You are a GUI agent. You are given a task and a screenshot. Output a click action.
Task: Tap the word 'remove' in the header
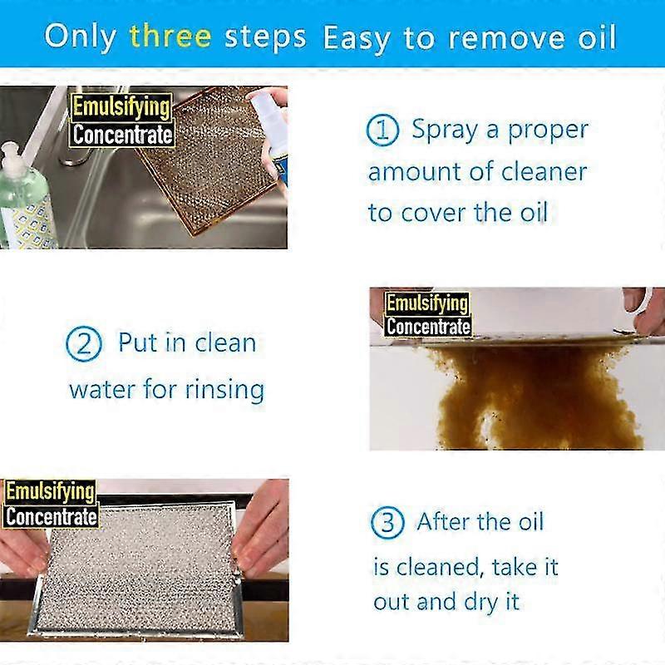477,37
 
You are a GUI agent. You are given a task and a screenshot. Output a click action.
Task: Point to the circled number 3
387,523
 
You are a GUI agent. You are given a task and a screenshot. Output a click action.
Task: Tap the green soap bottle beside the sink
22,199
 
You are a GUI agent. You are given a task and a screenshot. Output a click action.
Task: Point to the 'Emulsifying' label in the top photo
121,107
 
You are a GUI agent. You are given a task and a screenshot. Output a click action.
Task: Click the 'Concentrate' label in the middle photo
428,326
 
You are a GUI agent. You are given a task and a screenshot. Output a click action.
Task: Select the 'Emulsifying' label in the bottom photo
50,491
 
